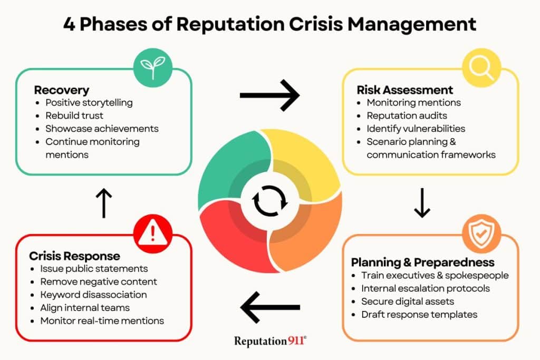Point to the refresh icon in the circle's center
tap(270, 201)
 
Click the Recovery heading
tap(62, 90)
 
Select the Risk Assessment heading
tap(405, 90)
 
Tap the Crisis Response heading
tap(74, 256)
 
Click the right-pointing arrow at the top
tap(269, 95)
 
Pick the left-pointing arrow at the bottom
tap(270, 307)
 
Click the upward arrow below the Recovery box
tap(104, 203)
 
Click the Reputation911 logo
tap(270, 341)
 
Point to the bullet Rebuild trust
tap(74, 115)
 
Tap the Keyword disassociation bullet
tap(93, 295)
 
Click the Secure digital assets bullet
tap(408, 301)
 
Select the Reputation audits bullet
tap(407, 115)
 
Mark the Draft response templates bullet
tap(419, 315)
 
